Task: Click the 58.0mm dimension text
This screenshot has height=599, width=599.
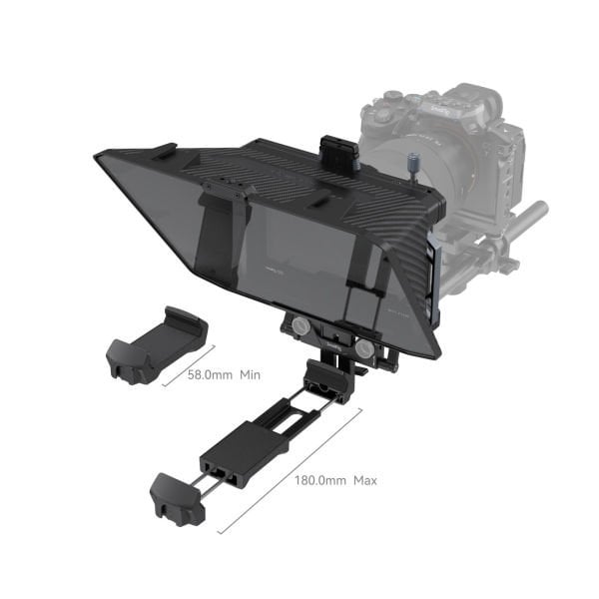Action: (211, 375)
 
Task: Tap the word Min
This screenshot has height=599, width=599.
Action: (250, 375)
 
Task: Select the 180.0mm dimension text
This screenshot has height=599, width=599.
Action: (320, 481)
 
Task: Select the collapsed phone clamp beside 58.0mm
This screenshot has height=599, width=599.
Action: (156, 345)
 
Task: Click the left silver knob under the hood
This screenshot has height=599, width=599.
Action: (299, 326)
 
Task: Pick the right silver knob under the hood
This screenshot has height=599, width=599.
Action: (364, 350)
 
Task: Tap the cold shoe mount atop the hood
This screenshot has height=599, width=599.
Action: (334, 150)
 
